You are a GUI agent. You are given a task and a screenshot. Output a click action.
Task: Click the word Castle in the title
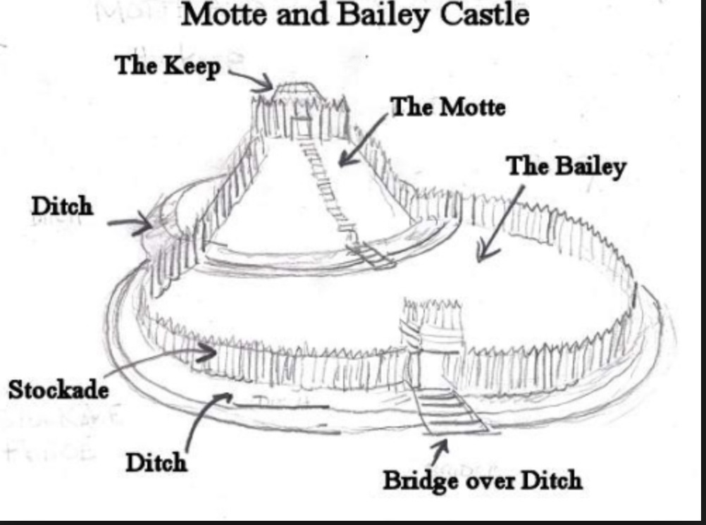coord(485,15)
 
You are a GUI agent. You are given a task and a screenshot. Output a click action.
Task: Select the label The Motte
coord(448,108)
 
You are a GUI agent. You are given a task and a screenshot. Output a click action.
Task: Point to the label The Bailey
coord(566,167)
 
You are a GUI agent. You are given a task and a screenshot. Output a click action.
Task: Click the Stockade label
coord(58,388)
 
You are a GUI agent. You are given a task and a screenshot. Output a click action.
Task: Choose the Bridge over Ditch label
coord(483,480)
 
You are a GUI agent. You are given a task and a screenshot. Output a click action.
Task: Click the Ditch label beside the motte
coord(62,206)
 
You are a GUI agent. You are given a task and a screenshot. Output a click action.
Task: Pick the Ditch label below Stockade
coord(156,462)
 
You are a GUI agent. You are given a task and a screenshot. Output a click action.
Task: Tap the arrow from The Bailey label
coord(501,222)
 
